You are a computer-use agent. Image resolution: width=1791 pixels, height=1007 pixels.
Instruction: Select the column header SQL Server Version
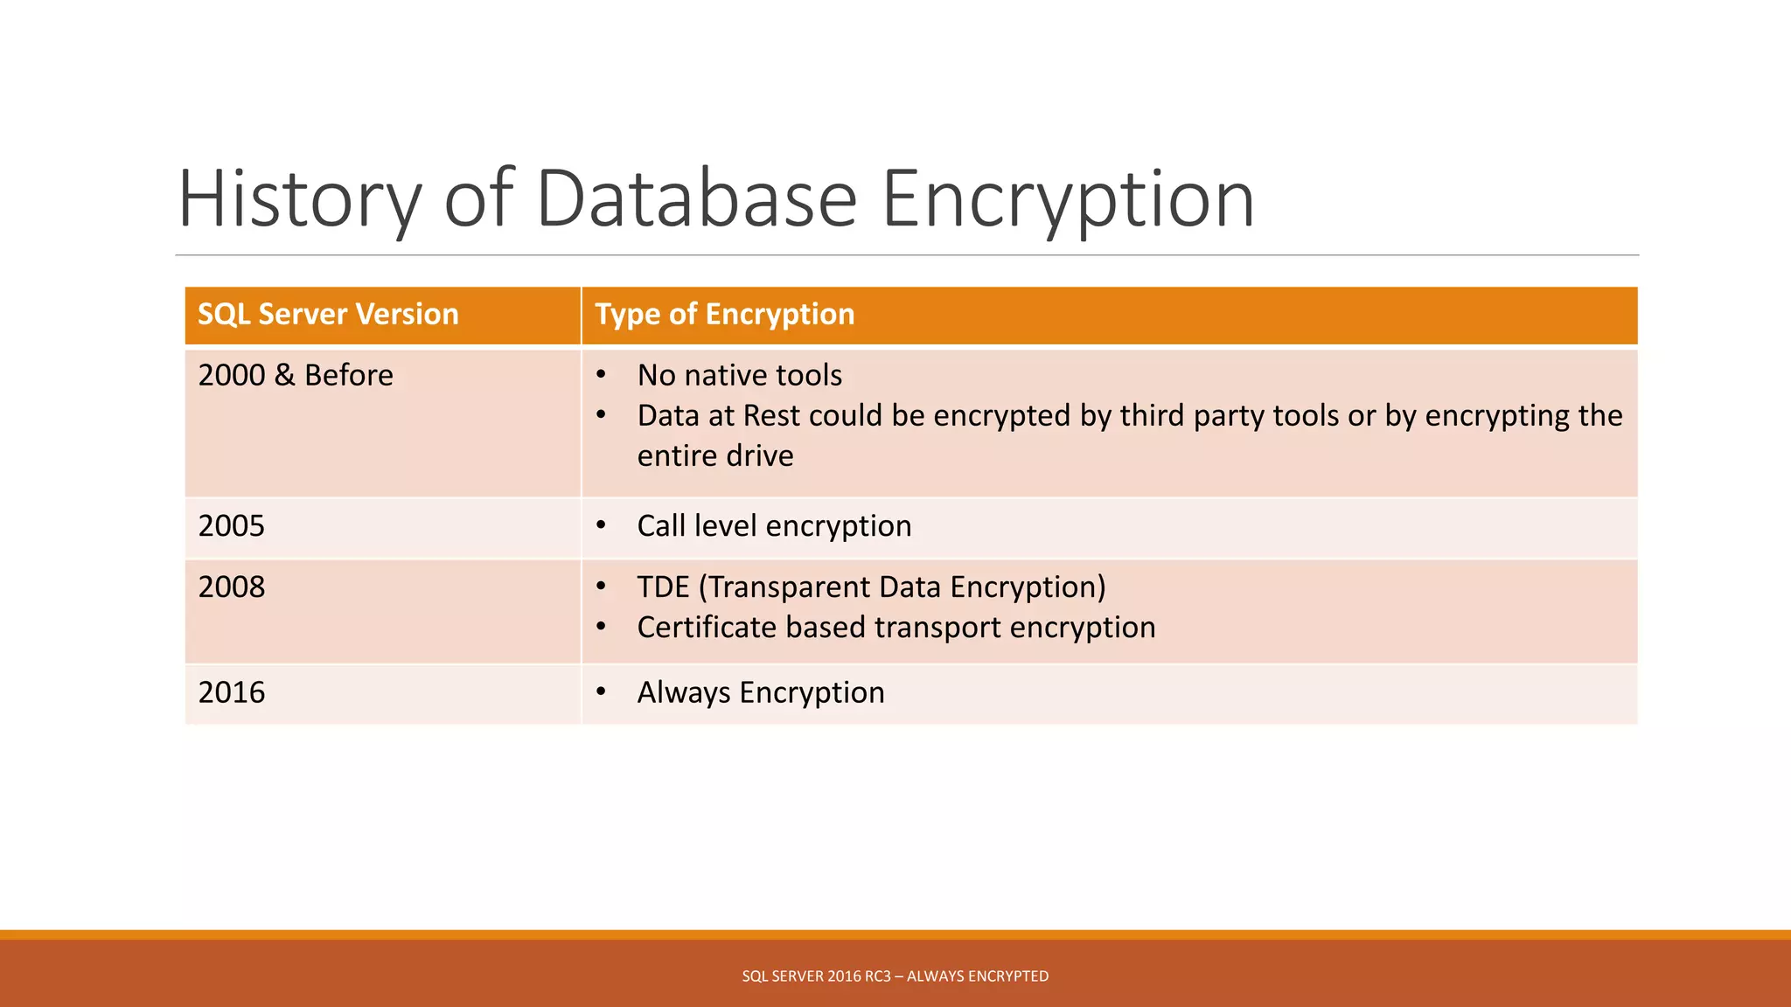(x=328, y=315)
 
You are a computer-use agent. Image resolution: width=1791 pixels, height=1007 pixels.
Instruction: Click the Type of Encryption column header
(x=724, y=315)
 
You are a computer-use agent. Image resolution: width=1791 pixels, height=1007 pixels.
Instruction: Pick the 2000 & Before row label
(x=296, y=376)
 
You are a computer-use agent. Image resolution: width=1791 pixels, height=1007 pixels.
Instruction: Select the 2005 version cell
(x=231, y=526)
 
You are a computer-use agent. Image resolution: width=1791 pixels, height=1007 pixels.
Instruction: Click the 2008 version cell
(x=231, y=587)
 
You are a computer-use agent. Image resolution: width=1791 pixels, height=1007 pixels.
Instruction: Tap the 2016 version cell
(x=231, y=693)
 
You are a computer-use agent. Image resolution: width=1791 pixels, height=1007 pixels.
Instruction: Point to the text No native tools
(x=739, y=376)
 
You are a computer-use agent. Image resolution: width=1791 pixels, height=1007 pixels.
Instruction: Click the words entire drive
(x=714, y=456)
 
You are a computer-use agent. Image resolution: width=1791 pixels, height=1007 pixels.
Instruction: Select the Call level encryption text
(x=774, y=526)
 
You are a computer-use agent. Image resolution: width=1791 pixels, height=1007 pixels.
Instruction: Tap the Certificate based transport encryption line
(x=895, y=628)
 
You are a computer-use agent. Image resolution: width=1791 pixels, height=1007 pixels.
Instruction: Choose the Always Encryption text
(x=760, y=693)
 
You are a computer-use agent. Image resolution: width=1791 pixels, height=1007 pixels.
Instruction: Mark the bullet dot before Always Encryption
(x=601, y=692)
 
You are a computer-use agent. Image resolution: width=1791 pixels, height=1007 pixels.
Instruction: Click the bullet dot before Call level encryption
(x=601, y=525)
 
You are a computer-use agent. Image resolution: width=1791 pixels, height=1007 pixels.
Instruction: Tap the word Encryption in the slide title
(x=1067, y=199)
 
